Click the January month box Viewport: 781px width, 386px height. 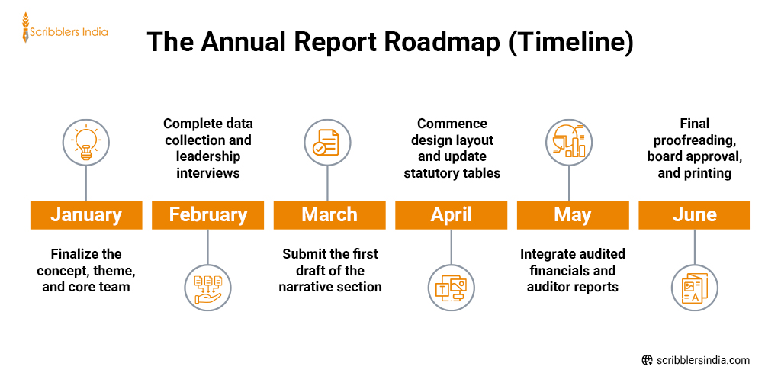point(86,215)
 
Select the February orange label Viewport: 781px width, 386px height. point(207,215)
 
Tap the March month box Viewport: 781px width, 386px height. point(329,215)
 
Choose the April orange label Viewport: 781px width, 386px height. point(451,215)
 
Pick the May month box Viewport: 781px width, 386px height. point(572,215)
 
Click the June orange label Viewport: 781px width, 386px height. point(694,215)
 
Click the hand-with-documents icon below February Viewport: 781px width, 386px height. point(207,288)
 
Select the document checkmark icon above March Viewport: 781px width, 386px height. point(327,141)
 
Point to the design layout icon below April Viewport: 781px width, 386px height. point(451,288)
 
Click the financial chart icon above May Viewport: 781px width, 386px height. point(569,141)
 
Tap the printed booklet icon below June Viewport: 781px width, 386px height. point(694,288)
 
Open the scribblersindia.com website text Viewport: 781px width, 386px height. point(702,360)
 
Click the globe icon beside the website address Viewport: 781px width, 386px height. point(647,360)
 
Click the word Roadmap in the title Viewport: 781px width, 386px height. point(439,42)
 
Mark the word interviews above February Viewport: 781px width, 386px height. point(207,173)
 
